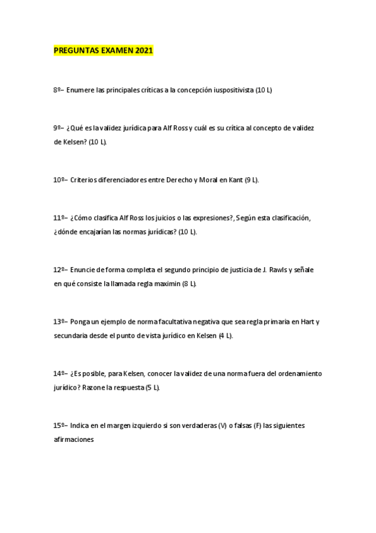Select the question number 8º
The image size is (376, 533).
pos(57,91)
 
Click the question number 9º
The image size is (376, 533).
pos(57,128)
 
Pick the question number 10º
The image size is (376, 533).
pos(60,180)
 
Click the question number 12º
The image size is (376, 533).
pos(60,270)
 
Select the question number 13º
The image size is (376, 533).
pos(60,322)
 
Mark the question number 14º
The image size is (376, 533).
pos(60,373)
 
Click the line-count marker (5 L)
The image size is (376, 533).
pos(153,388)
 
